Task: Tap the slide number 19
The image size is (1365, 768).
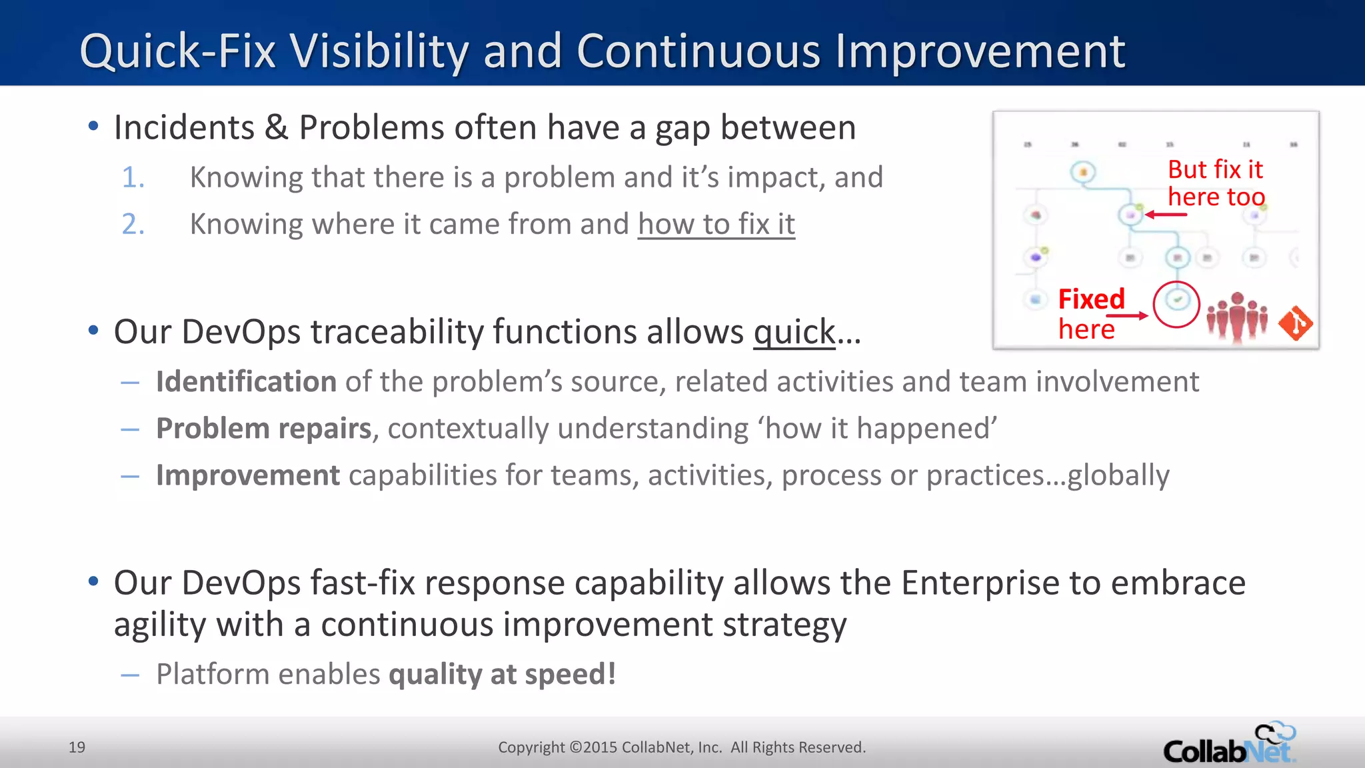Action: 77,747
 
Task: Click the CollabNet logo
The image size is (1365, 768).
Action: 1229,744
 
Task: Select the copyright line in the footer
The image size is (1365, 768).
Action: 681,747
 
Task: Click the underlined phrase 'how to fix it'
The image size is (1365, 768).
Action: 716,225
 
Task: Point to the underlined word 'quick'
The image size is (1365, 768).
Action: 794,332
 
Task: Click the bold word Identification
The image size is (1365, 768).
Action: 246,382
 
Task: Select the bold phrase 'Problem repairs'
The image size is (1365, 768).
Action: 263,429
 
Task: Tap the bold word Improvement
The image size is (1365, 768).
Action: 248,475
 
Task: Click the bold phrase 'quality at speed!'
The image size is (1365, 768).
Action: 502,674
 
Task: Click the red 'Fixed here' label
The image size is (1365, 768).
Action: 1090,314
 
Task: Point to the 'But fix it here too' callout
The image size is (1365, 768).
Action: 1215,183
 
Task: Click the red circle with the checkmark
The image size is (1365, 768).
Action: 1176,304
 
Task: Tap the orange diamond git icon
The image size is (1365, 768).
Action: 1295,323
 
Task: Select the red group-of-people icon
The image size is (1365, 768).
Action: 1236,317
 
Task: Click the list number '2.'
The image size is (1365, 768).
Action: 133,225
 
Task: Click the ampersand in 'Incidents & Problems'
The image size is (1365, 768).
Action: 276,128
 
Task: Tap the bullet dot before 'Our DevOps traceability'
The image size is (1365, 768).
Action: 93,329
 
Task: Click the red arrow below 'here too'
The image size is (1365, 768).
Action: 1166,215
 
